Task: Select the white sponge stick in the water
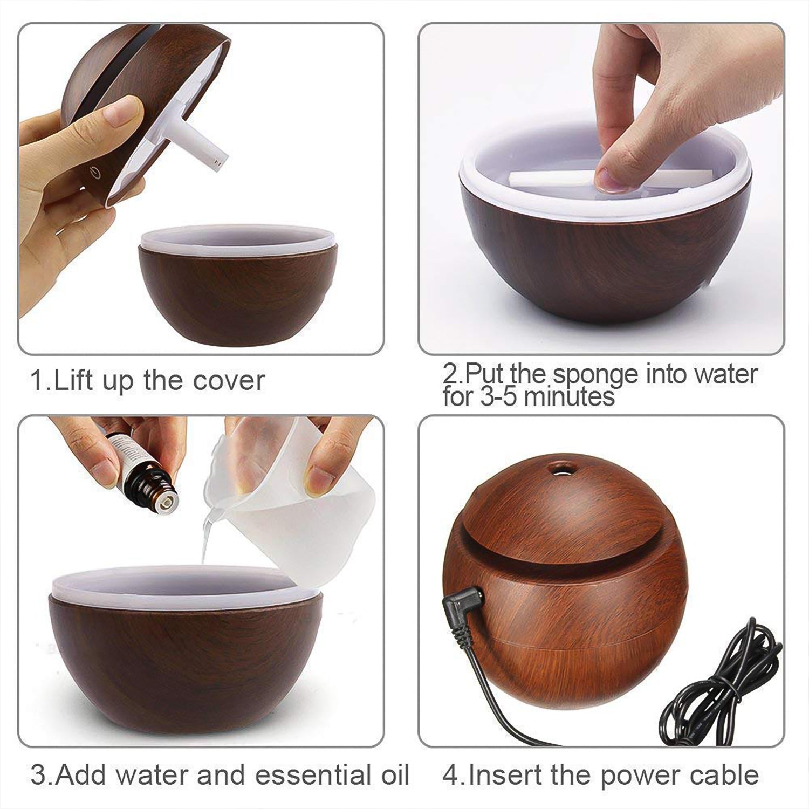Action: point(545,178)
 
